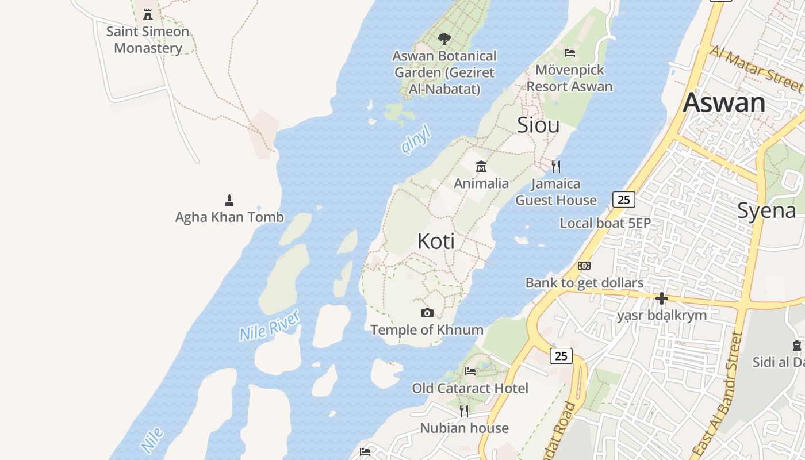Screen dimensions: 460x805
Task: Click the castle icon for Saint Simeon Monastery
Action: [148, 14]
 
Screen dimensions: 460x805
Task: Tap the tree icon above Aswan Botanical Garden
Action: [444, 39]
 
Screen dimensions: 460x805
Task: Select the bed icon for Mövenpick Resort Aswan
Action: [570, 53]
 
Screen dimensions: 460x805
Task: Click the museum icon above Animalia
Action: [481, 167]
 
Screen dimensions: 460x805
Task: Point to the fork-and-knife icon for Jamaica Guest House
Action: [556, 167]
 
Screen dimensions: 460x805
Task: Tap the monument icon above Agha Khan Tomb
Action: [229, 200]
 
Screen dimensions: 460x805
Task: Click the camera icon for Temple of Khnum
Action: [427, 313]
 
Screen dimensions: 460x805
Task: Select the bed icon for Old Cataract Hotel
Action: [470, 371]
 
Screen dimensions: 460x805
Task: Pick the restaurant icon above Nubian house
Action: [464, 411]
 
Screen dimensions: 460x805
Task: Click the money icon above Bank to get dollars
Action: [584, 266]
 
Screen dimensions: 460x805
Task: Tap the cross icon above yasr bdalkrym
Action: [662, 298]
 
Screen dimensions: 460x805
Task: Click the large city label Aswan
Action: [724, 103]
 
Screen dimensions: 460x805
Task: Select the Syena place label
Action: [766, 210]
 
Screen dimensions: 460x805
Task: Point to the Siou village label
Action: [538, 125]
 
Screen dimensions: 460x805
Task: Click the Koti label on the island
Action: [436, 241]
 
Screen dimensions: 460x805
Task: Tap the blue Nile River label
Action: [270, 326]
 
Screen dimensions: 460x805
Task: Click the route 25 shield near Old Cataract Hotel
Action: [561, 356]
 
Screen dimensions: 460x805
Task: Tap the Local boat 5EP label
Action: [605, 223]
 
